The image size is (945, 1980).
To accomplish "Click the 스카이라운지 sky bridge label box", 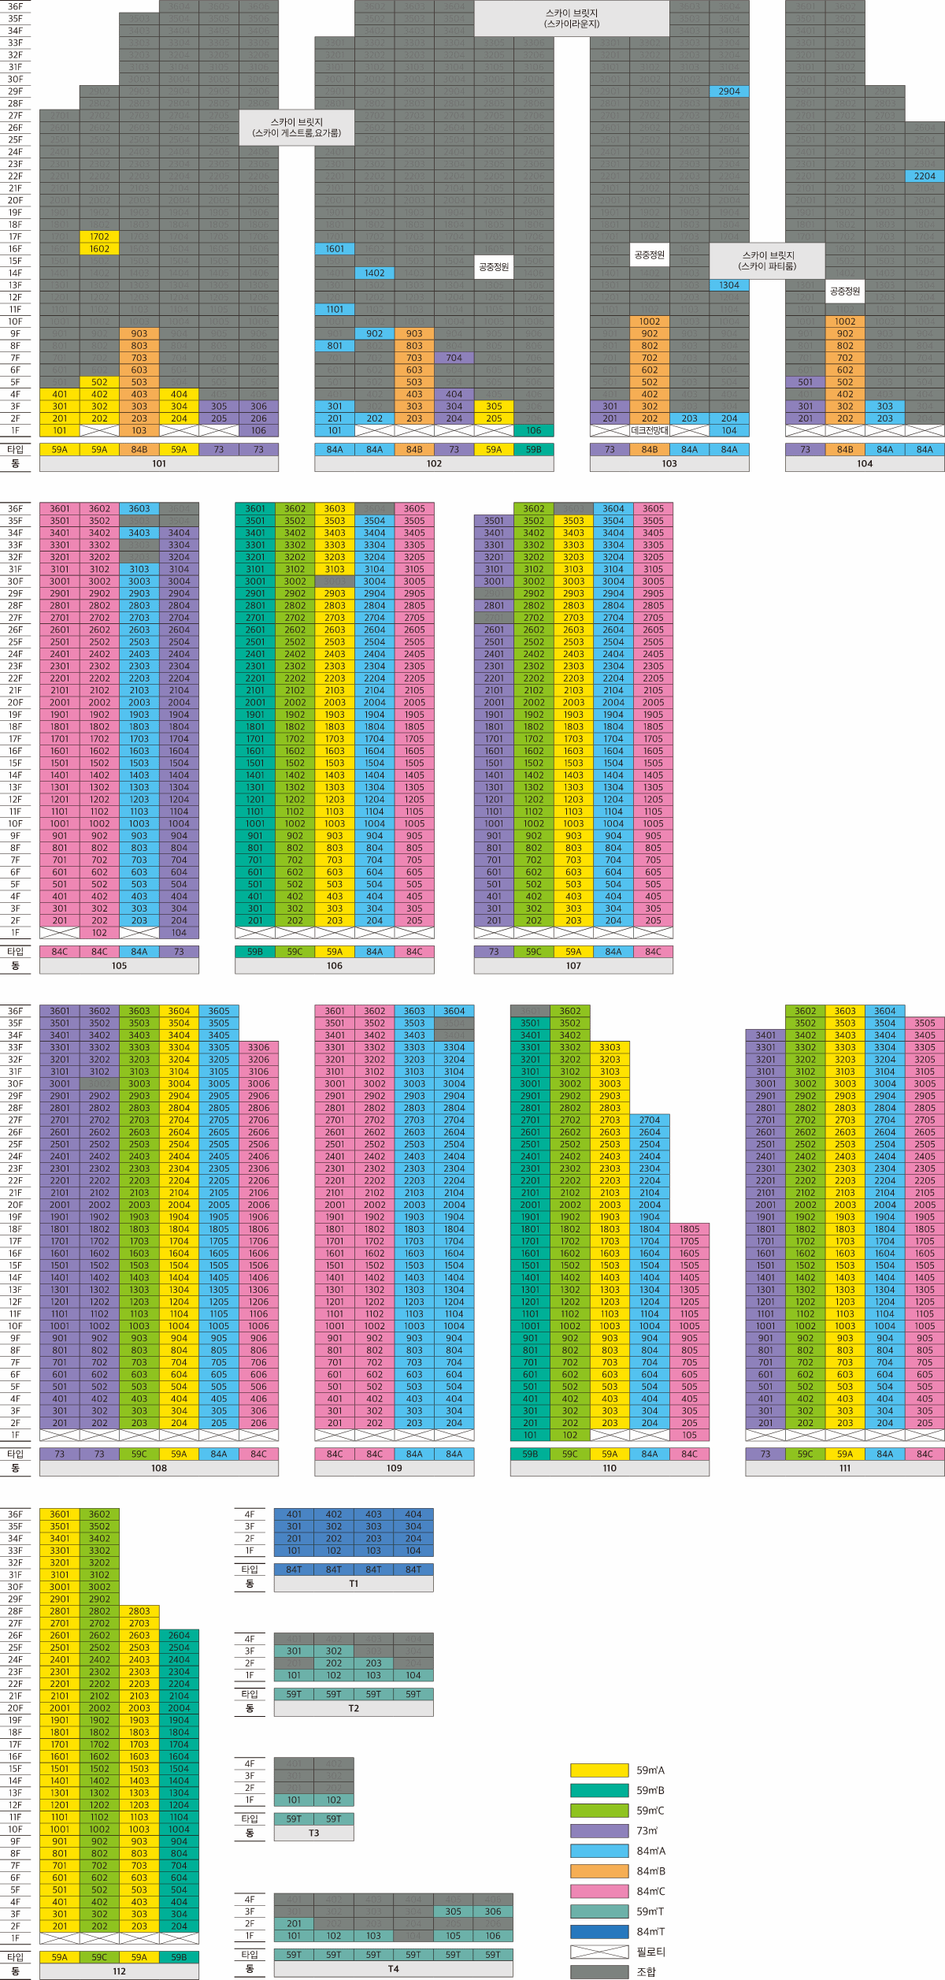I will pyautogui.click(x=572, y=18).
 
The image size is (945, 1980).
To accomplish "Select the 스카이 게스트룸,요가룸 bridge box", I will pyautogui.click(x=297, y=128).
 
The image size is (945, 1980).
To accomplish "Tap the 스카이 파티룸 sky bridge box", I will pyautogui.click(x=767, y=261).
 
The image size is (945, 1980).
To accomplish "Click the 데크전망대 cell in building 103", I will pyautogui.click(x=650, y=431).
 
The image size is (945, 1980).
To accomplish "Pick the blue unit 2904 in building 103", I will pyautogui.click(x=729, y=91).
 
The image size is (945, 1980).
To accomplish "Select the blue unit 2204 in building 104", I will pyautogui.click(x=925, y=176).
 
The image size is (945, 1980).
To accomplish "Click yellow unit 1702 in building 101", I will pyautogui.click(x=99, y=236).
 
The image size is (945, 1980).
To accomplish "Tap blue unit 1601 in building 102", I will pyautogui.click(x=335, y=249).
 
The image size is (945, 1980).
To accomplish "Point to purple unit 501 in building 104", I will pyautogui.click(x=805, y=382).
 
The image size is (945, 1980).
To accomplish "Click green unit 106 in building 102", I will pyautogui.click(x=534, y=431).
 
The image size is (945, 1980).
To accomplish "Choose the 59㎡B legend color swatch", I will pyautogui.click(x=599, y=1790).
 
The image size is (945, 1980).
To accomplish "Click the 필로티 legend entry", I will pyautogui.click(x=599, y=1952).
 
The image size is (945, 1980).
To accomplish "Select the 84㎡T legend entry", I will pyautogui.click(x=599, y=1931).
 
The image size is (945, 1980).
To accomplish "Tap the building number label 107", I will pyautogui.click(x=573, y=966).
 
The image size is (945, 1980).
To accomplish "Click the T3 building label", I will pyautogui.click(x=314, y=1833).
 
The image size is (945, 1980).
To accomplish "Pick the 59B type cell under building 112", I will pyautogui.click(x=179, y=1957).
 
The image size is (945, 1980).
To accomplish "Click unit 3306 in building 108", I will pyautogui.click(x=258, y=1048).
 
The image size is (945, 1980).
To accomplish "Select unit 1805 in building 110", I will pyautogui.click(x=689, y=1229).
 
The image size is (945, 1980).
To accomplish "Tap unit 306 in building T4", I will pyautogui.click(x=493, y=1911).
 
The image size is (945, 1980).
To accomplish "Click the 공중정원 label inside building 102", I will pyautogui.click(x=494, y=267).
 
